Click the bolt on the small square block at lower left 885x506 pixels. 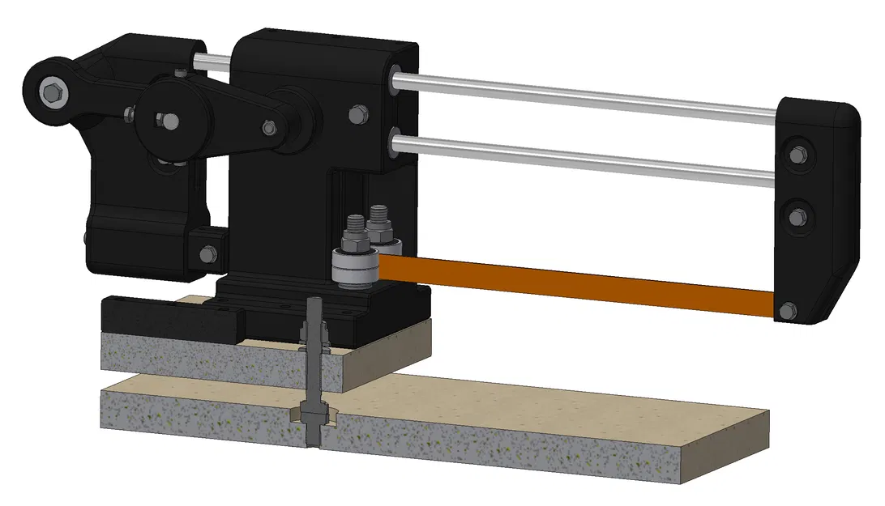207,253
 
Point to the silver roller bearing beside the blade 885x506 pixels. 355,270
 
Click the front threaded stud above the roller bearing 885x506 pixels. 356,231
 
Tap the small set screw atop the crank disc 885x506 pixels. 177,74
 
